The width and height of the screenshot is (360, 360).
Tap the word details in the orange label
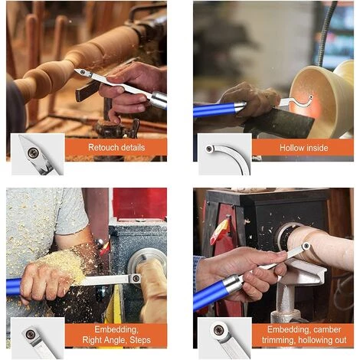pyautogui.click(x=133, y=148)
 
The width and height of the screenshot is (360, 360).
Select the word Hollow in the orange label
pyautogui.click(x=291, y=148)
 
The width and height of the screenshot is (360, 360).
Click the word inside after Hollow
pyautogui.click(x=316, y=148)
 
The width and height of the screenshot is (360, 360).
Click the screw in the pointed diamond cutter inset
pyautogui.click(x=33, y=153)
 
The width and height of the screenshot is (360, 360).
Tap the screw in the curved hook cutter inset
pyautogui.click(x=209, y=149)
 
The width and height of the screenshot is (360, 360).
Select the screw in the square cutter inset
pyautogui.click(x=31, y=333)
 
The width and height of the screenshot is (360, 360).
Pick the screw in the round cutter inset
pyautogui.click(x=218, y=329)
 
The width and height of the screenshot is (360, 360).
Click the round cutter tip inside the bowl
pyautogui.click(x=310, y=97)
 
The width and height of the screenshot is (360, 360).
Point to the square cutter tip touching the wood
pyautogui.click(x=135, y=278)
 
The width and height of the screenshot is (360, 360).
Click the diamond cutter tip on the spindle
pyautogui.click(x=82, y=72)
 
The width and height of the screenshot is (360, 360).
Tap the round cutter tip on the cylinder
pyautogui.click(x=306, y=246)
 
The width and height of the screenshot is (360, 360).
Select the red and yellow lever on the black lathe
pyautogui.click(x=219, y=231)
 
